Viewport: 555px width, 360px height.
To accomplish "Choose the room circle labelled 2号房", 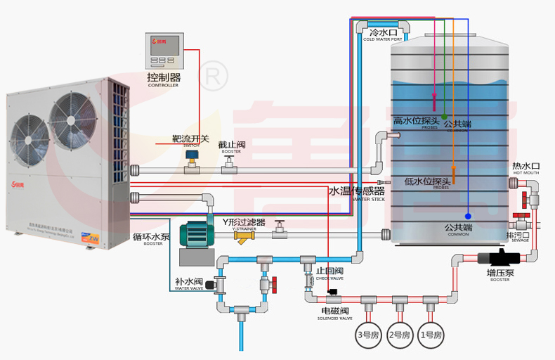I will coord(398,335).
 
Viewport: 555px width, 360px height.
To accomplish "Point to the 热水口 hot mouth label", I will coord(525,167).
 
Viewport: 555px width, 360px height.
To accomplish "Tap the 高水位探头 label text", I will coord(416,121).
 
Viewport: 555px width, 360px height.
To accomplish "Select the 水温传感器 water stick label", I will coord(357,191).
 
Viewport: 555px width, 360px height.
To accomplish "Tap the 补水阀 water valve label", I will coord(188,282).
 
